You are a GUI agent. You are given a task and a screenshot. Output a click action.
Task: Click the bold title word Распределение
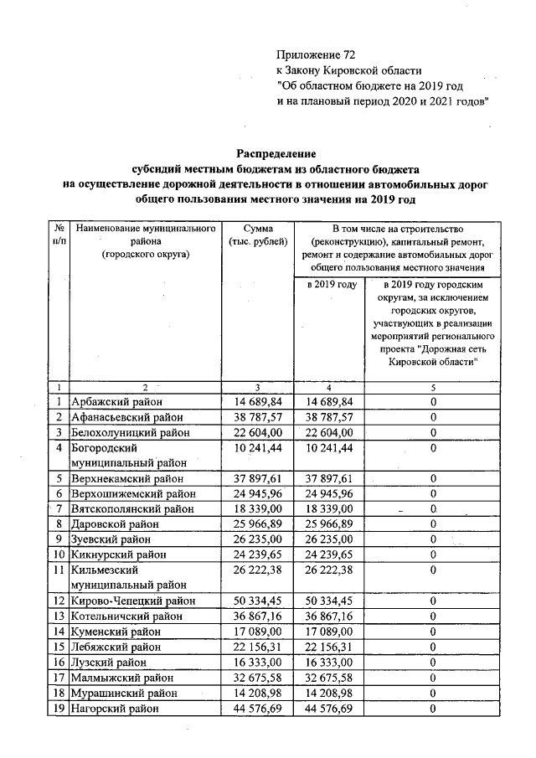pos(276,154)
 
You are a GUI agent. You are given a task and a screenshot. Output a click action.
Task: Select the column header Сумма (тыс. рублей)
pos(256,235)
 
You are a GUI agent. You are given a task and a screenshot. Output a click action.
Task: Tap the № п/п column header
pos(59,235)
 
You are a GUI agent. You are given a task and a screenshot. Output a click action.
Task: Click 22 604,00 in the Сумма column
pos(256,432)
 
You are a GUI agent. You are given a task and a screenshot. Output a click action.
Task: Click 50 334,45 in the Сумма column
pos(256,601)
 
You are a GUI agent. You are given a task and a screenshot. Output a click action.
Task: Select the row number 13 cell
pos(59,616)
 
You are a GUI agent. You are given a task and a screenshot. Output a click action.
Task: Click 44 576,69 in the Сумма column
pos(256,709)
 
